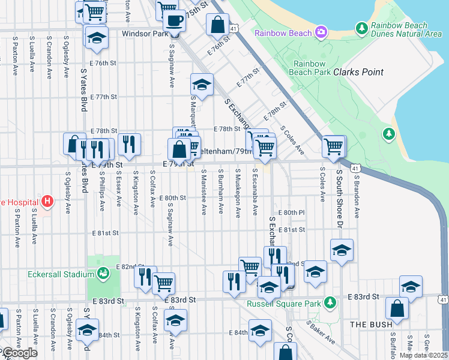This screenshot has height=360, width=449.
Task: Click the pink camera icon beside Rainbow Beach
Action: [x=321, y=31]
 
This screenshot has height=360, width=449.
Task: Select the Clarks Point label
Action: [x=358, y=72]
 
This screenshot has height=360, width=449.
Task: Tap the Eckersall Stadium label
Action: [x=58, y=274]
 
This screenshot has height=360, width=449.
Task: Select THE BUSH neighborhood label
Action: [x=370, y=324]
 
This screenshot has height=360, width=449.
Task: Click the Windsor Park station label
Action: [x=145, y=34]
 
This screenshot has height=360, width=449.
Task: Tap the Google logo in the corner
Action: [x=19, y=353]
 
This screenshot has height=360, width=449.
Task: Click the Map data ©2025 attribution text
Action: [x=423, y=355]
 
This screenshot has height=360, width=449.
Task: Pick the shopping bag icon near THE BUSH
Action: [x=397, y=308]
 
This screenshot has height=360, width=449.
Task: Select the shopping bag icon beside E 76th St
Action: [x=217, y=25]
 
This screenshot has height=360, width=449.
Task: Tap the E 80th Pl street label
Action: [x=295, y=212]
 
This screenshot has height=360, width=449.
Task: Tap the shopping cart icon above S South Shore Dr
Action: [x=333, y=145]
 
